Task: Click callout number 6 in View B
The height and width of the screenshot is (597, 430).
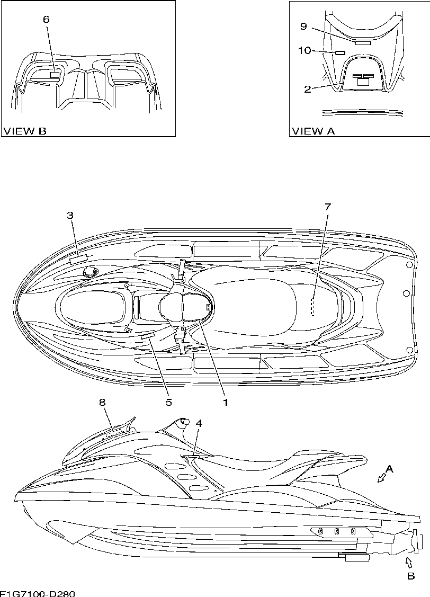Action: pos(46,19)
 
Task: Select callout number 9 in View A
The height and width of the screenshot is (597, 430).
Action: pos(304,26)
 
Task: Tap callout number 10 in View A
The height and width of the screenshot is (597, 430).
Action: pos(304,50)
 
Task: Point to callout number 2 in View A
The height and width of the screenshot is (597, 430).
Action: pos(308,89)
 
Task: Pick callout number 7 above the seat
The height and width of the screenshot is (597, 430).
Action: pos(327,207)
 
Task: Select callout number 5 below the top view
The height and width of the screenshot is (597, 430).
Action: pos(169,402)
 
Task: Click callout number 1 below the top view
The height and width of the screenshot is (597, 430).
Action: pos(225,402)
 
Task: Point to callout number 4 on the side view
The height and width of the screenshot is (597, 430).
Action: pos(199,423)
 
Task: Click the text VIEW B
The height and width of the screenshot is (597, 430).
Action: pos(25,131)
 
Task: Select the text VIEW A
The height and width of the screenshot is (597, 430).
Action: pos(313,131)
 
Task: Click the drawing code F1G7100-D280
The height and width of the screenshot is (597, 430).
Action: pos(37,593)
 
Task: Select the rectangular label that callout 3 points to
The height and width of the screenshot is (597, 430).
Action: pos(78,258)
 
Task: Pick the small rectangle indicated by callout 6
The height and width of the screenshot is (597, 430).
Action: pos(55,75)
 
